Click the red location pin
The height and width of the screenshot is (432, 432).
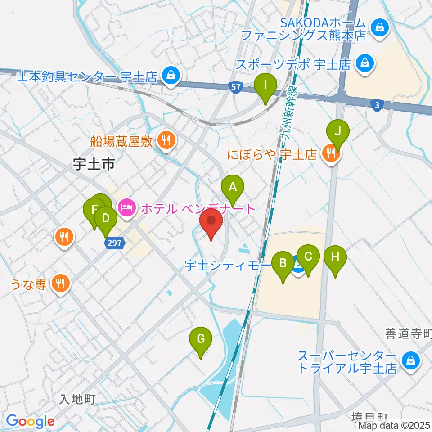(x=211, y=223)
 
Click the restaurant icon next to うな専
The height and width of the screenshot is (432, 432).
(x=60, y=283)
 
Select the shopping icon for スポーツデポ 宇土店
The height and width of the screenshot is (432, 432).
(x=363, y=64)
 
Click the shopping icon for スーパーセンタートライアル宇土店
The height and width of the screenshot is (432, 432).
(x=411, y=360)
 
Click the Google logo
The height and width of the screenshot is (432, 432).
(x=30, y=421)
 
